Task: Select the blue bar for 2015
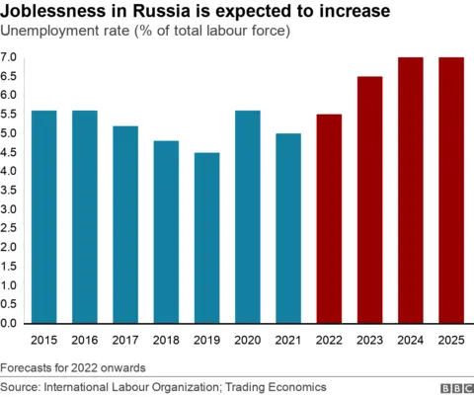pyautogui.click(x=43, y=217)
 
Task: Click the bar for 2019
pyautogui.click(x=206, y=238)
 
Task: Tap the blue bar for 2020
pyautogui.click(x=247, y=217)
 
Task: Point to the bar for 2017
pyautogui.click(x=125, y=225)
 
